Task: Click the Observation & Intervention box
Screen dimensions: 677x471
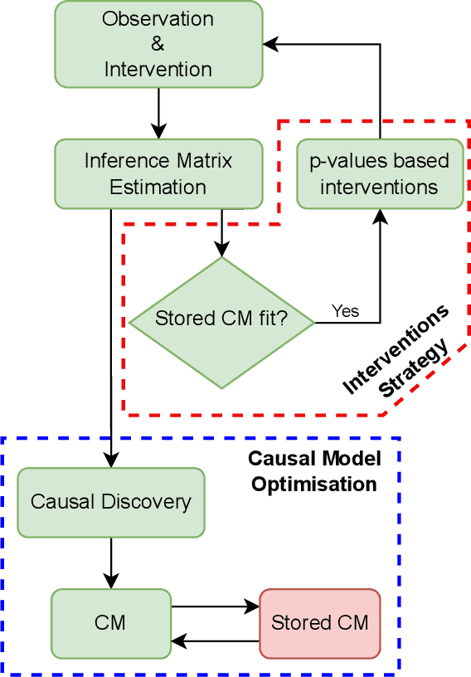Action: click(x=158, y=43)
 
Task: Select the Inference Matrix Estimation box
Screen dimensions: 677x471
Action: click(x=158, y=173)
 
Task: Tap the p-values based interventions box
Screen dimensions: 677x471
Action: click(x=380, y=173)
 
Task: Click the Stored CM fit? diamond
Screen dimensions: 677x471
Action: click(x=221, y=322)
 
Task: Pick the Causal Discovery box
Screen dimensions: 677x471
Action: click(x=111, y=502)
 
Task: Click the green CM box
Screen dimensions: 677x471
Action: click(x=111, y=623)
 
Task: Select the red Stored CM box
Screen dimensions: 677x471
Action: click(x=320, y=623)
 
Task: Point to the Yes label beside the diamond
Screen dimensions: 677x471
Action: click(x=345, y=310)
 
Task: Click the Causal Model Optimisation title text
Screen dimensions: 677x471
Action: click(x=314, y=471)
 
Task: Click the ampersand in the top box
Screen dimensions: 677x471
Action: click(x=158, y=44)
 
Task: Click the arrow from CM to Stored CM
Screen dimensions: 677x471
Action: click(x=216, y=607)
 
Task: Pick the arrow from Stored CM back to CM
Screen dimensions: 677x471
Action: click(x=216, y=640)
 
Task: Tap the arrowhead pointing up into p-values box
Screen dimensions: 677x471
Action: click(x=380, y=216)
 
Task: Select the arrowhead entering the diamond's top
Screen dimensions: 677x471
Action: click(x=221, y=249)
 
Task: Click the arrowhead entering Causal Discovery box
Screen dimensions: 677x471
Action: click(x=111, y=460)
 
